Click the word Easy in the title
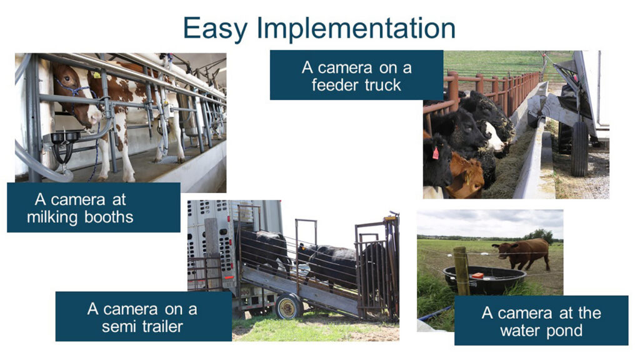click(x=216, y=29)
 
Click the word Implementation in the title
click(x=356, y=29)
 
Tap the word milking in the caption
click(x=52, y=217)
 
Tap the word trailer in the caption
click(x=162, y=326)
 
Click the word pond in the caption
click(x=564, y=331)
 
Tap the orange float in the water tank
click(x=477, y=276)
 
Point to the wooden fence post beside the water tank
click(x=462, y=271)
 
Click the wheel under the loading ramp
click(x=289, y=306)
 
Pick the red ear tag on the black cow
click(x=436, y=153)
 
